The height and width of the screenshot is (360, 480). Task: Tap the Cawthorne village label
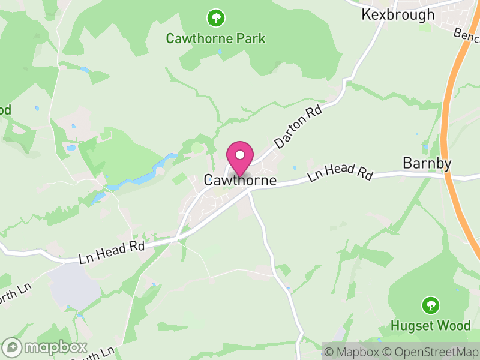click(240, 180)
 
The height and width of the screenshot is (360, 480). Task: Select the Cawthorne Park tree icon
click(215, 18)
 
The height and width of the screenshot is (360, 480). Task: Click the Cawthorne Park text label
click(215, 39)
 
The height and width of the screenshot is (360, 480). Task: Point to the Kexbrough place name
click(398, 14)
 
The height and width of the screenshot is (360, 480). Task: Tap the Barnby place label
click(427, 163)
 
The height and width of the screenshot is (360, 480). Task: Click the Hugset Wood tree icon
click(430, 305)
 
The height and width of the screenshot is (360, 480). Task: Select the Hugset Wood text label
click(430, 326)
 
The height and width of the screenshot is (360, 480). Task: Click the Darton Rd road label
click(298, 125)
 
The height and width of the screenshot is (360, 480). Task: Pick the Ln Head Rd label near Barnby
click(340, 172)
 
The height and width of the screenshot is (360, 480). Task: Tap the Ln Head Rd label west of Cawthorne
click(112, 251)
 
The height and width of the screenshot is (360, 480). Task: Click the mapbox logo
click(45, 347)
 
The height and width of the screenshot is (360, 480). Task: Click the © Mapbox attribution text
click(353, 352)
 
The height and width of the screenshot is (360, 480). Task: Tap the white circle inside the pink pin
click(240, 154)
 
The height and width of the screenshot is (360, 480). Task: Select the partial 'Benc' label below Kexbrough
click(466, 34)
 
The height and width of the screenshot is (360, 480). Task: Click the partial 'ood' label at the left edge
click(5, 110)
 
